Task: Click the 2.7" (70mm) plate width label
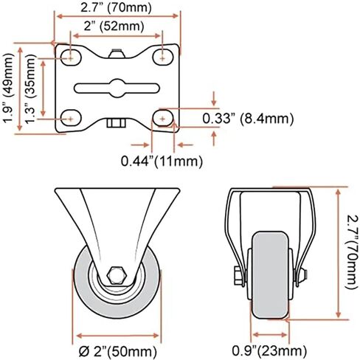116,7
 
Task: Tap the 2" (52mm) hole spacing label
114,26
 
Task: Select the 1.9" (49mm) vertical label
8,89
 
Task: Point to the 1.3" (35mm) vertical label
31,89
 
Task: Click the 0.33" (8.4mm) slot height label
248,119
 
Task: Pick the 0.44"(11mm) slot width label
162,162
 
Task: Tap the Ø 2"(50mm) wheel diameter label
118,352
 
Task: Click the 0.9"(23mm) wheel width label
269,350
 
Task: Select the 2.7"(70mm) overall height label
352,252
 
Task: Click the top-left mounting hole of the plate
71,58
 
